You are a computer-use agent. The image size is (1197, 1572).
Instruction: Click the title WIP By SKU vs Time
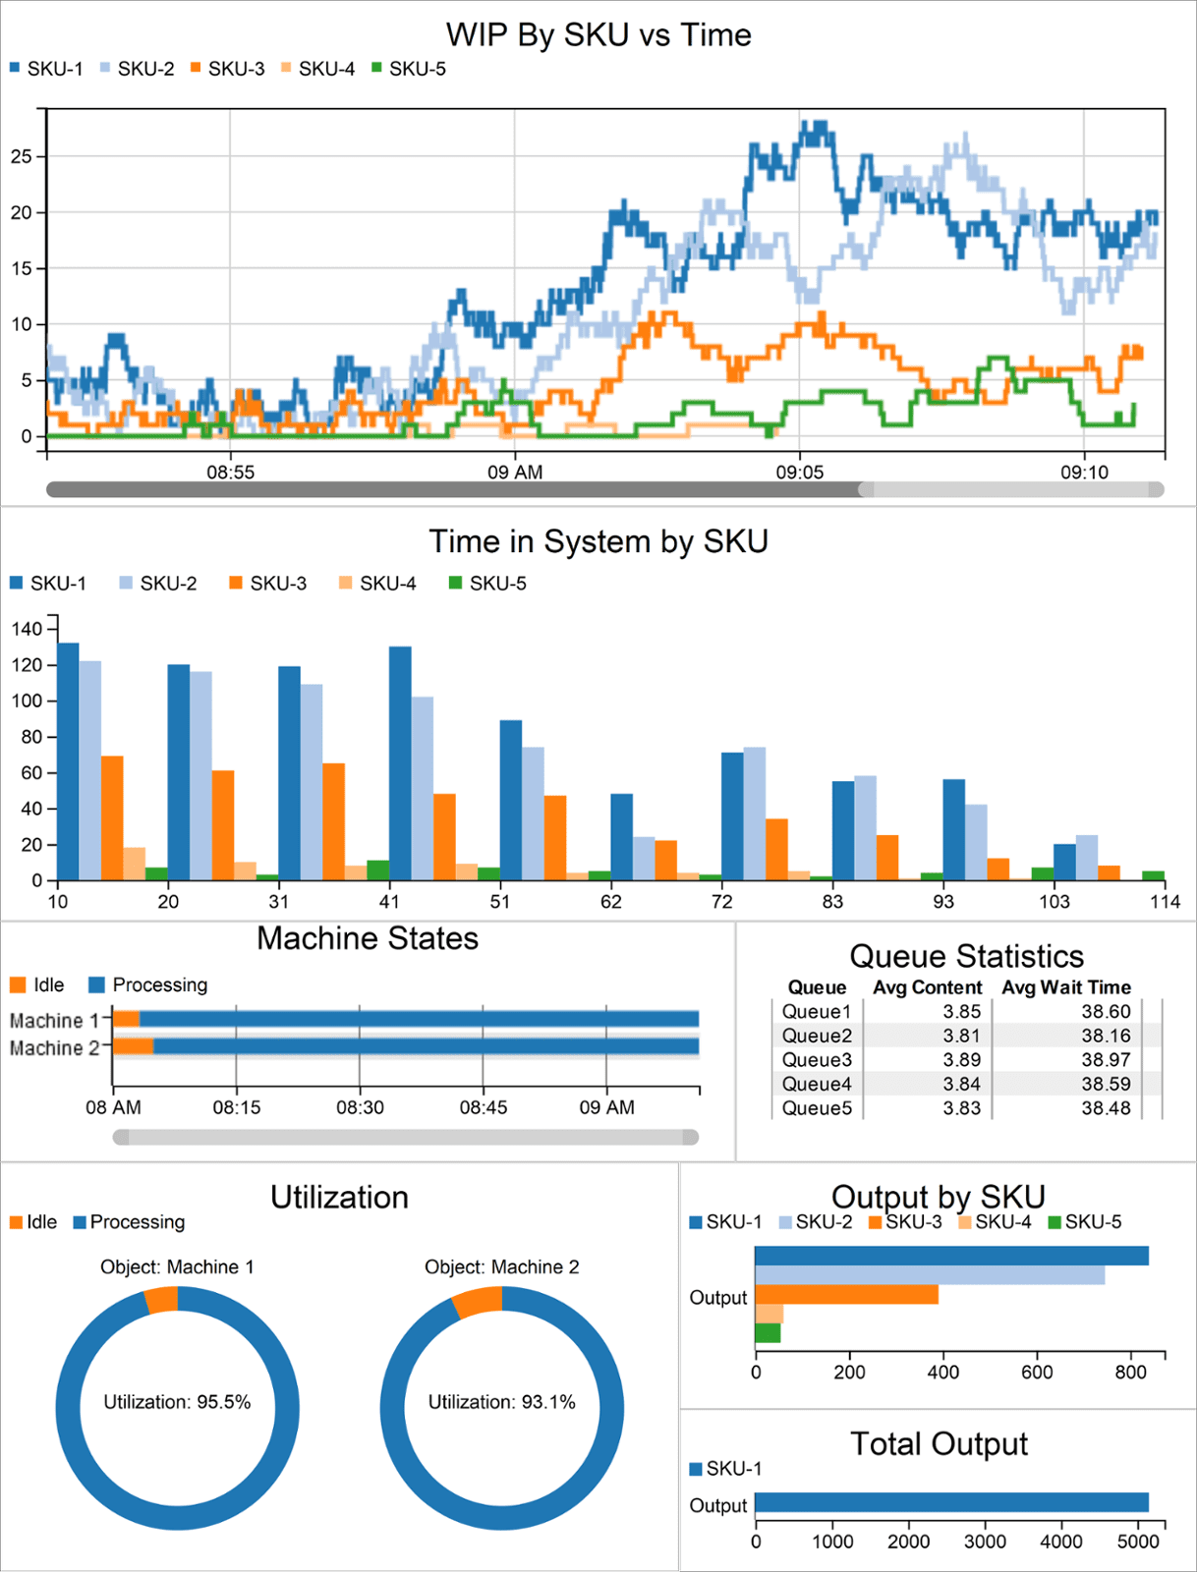tap(598, 35)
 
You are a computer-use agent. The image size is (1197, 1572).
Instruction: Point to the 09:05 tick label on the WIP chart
tap(800, 473)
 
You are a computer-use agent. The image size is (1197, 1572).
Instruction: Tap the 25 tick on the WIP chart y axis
tap(22, 156)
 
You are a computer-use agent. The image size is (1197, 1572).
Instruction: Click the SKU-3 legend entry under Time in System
tap(268, 584)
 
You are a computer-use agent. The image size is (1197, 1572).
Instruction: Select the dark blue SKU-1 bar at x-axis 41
tap(400, 762)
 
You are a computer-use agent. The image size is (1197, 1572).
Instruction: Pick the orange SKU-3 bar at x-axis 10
tap(112, 817)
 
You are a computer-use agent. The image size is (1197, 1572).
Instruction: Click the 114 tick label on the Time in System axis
tap(1165, 902)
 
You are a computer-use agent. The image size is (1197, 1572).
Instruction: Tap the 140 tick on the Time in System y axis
tap(27, 629)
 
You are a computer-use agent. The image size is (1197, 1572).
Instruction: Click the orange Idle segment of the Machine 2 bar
tap(134, 1046)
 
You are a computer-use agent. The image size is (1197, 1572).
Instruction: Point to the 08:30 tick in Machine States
tap(360, 1107)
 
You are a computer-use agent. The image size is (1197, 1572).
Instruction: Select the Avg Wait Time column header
tap(1066, 987)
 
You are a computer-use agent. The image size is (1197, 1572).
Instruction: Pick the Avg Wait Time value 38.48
tap(1106, 1108)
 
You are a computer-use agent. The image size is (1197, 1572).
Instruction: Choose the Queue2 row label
tap(817, 1036)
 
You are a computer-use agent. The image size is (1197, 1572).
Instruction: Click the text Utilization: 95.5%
tap(177, 1402)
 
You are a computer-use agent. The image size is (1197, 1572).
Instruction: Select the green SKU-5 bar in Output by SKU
tap(768, 1333)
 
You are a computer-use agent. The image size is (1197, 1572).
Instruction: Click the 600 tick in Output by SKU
tap(1037, 1373)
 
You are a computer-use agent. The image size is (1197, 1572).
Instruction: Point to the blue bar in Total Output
tap(951, 1502)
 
